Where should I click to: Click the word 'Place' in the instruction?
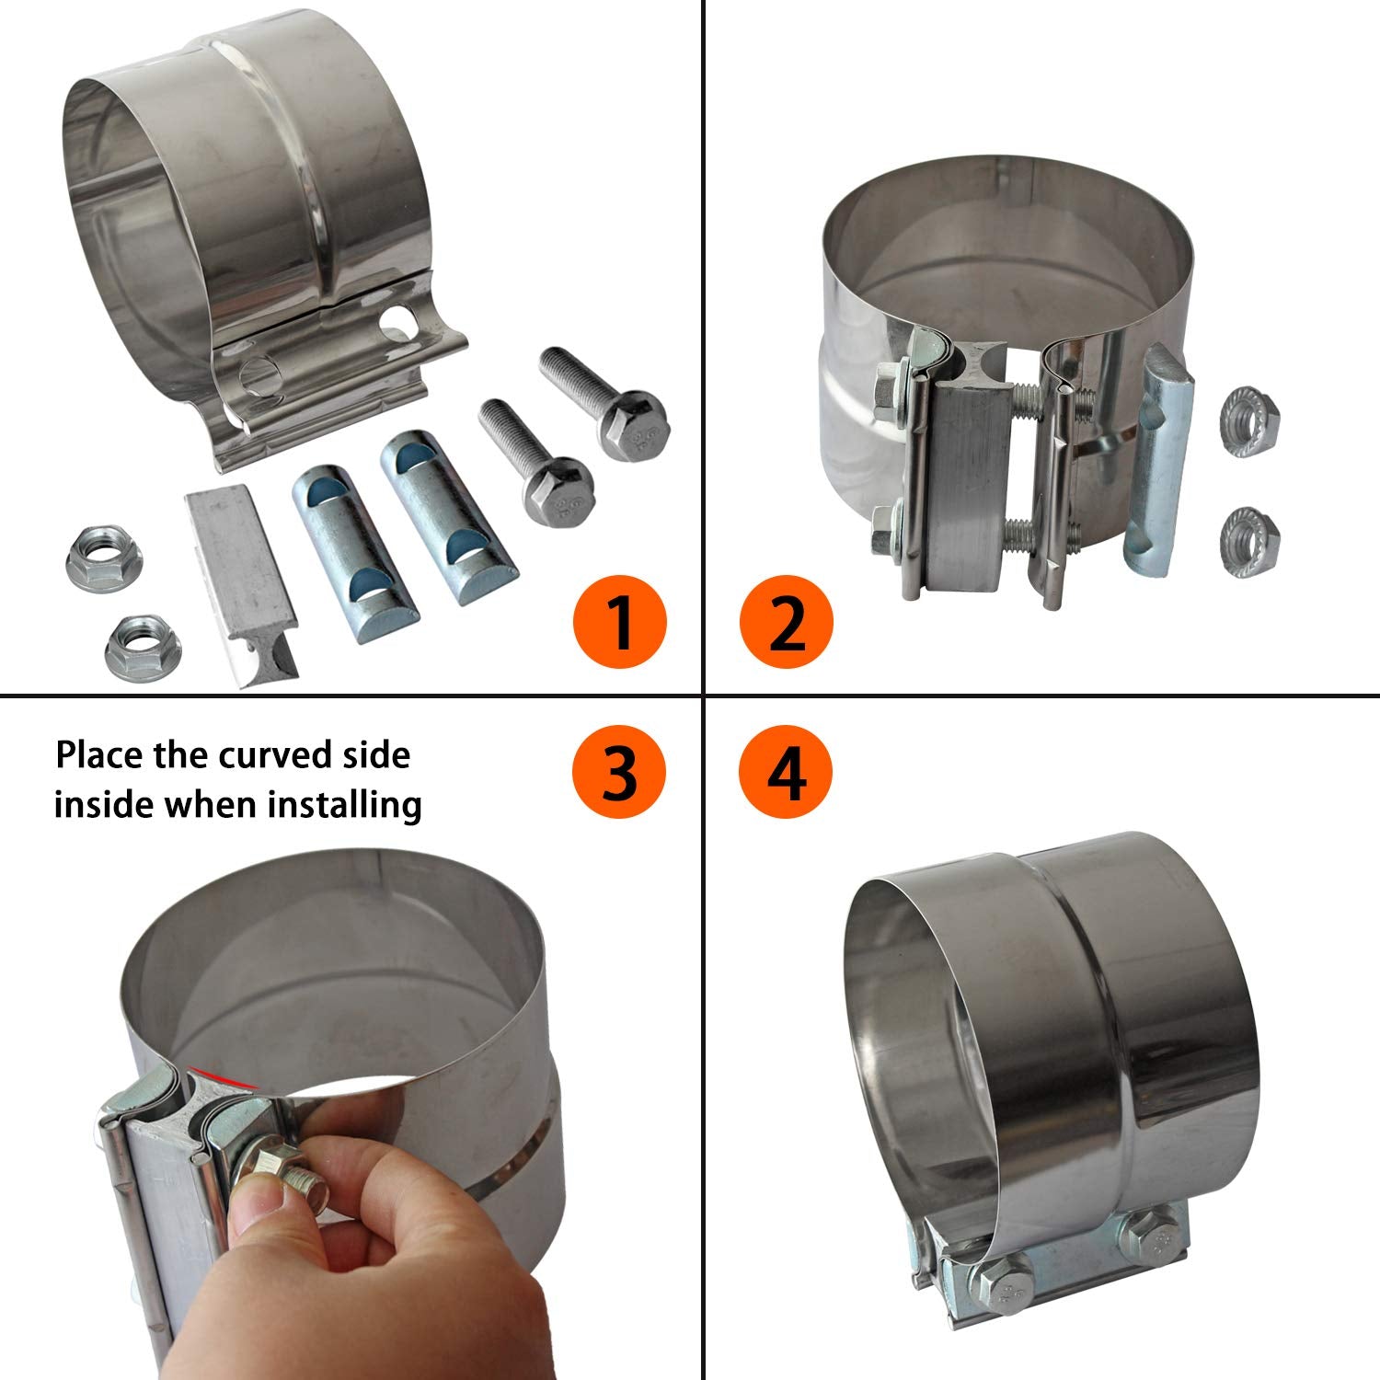[x=98, y=755]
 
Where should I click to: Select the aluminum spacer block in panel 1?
[x=242, y=582]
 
